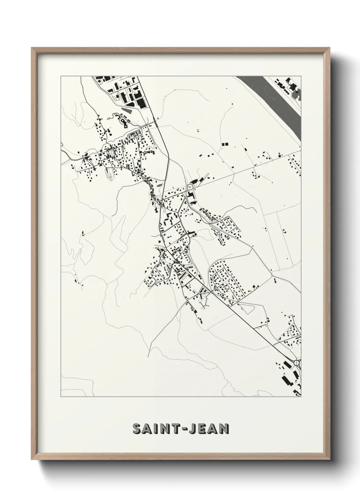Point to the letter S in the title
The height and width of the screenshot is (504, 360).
coord(137,429)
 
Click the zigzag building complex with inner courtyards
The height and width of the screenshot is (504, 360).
coord(123,120)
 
